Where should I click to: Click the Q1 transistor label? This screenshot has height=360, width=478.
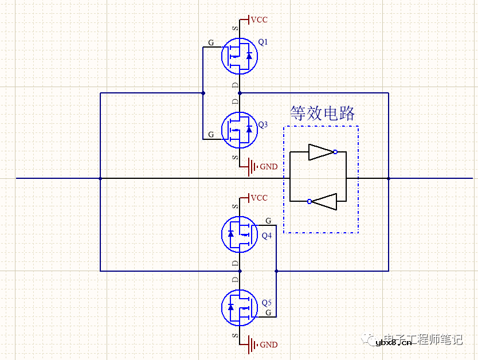263,42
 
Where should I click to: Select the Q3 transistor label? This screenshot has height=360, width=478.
263,124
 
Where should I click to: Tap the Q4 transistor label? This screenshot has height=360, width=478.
267,236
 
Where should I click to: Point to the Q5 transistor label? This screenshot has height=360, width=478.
267,303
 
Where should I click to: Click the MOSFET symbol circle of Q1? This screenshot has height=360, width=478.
240,56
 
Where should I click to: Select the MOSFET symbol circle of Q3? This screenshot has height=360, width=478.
240,129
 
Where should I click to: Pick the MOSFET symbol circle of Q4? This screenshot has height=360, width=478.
240,233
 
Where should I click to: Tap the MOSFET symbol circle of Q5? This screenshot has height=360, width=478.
240,307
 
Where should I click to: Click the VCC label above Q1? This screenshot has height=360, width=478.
259,20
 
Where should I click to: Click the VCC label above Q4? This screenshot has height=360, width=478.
259,198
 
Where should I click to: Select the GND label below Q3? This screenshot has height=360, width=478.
269,167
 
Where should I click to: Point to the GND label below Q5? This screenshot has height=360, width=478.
269,345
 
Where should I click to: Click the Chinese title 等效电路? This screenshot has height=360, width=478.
322,113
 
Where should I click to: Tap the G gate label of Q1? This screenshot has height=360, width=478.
211,42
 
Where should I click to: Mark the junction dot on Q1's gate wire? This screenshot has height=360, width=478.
203,92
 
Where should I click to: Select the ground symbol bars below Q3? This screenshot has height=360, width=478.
252,167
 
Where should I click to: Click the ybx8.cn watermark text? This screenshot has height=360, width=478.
394,343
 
